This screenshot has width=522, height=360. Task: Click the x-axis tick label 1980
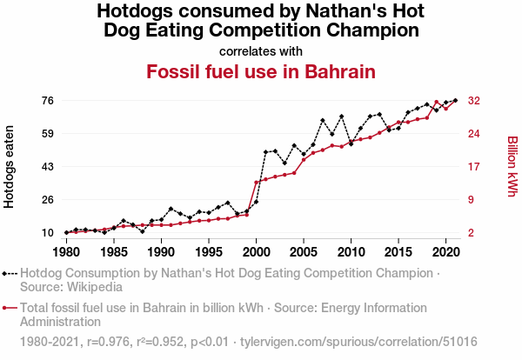(66, 252)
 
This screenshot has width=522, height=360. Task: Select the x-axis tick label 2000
(256, 252)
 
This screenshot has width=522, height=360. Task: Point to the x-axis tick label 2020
(445, 252)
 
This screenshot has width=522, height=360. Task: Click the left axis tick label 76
(48, 101)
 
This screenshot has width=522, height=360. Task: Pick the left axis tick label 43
(48, 167)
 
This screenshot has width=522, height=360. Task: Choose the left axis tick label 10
(48, 233)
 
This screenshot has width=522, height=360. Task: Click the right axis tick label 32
(475, 101)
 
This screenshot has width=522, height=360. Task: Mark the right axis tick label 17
(475, 167)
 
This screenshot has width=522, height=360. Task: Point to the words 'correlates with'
(261, 50)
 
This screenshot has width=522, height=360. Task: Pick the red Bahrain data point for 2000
(256, 183)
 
